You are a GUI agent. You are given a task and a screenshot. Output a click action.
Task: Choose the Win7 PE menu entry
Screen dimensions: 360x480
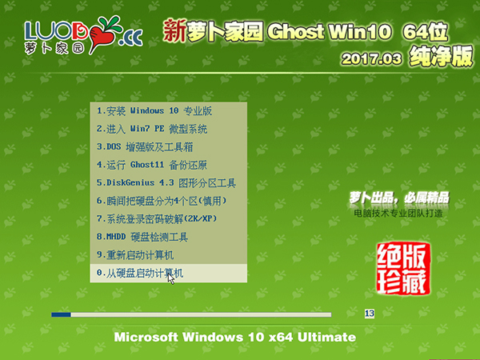point(152,129)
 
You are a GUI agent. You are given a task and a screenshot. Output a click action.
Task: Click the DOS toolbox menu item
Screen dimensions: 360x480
point(145,146)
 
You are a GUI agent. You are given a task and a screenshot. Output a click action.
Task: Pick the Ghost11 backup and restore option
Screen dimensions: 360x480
point(151,165)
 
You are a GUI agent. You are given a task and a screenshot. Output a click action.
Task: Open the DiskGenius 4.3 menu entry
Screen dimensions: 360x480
point(166,182)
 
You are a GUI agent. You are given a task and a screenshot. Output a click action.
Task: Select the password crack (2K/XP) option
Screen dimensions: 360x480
point(157,218)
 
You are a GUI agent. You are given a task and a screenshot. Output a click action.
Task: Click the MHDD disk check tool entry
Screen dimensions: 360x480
point(142,237)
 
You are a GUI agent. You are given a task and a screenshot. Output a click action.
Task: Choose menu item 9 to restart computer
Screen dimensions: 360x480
point(135,255)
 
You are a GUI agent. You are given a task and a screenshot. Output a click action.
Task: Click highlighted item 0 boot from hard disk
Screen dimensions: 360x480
point(140,274)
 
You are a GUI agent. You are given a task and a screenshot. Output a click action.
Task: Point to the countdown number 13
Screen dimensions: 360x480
point(369,314)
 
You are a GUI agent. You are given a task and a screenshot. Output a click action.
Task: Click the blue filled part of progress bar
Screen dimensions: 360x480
point(61,314)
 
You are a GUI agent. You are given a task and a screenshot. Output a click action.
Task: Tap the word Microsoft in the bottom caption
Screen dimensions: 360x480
point(150,337)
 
